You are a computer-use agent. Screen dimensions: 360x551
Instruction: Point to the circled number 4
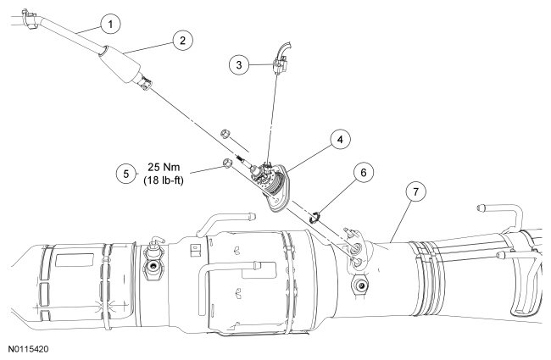point(338,138)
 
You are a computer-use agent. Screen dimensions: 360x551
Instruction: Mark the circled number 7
point(415,191)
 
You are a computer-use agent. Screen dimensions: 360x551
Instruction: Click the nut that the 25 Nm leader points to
point(226,161)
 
